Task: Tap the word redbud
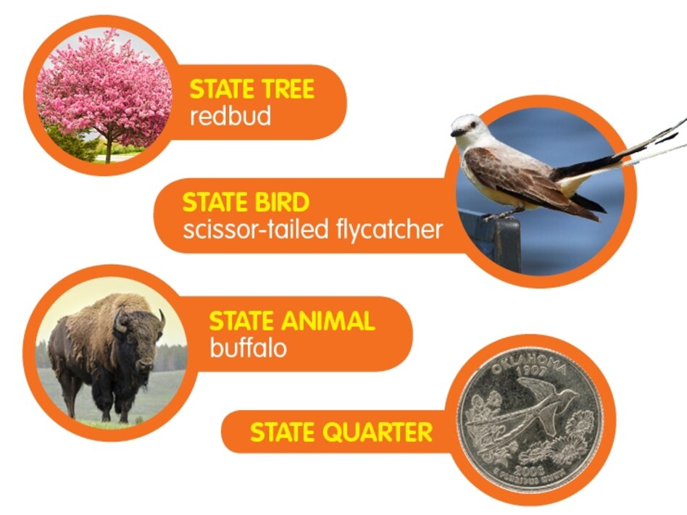point(230,116)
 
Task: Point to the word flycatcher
point(389,230)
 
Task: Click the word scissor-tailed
point(256,230)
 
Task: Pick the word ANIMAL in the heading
point(328,321)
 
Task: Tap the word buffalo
point(248,348)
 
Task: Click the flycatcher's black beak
point(456,132)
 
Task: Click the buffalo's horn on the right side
point(162,319)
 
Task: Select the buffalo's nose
point(146,364)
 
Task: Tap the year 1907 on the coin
point(531,372)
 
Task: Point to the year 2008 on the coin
point(530,471)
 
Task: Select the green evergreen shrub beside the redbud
point(70,142)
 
